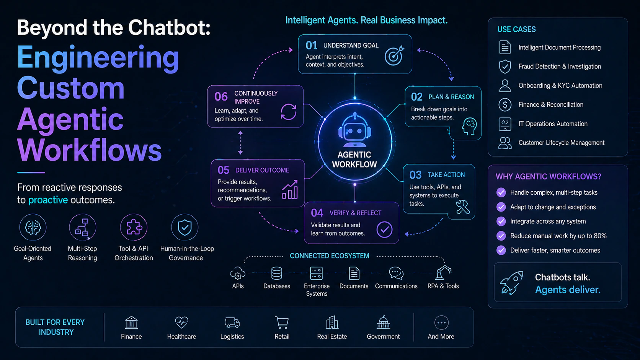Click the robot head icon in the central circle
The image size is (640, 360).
354,130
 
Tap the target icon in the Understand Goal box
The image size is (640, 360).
394,55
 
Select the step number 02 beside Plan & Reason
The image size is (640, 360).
416,97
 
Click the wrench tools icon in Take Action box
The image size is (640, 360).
462,207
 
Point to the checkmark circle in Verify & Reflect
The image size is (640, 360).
384,230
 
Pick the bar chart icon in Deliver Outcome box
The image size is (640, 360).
290,189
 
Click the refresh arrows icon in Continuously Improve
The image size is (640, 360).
288,112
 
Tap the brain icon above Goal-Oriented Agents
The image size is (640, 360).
33,227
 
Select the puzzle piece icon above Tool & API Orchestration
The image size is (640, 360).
134,227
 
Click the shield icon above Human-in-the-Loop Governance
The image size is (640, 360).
184,227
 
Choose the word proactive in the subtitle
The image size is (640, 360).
48,200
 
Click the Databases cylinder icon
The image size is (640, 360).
277,273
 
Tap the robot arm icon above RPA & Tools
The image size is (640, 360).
443,273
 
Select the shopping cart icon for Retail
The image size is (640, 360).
282,323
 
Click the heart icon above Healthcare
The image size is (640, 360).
182,323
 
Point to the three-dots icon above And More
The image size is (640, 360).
441,323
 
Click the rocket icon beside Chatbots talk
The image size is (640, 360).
512,283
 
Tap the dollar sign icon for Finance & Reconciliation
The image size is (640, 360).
505,105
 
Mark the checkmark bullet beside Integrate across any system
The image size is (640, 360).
501,221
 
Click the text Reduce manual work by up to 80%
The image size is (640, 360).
558,236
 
